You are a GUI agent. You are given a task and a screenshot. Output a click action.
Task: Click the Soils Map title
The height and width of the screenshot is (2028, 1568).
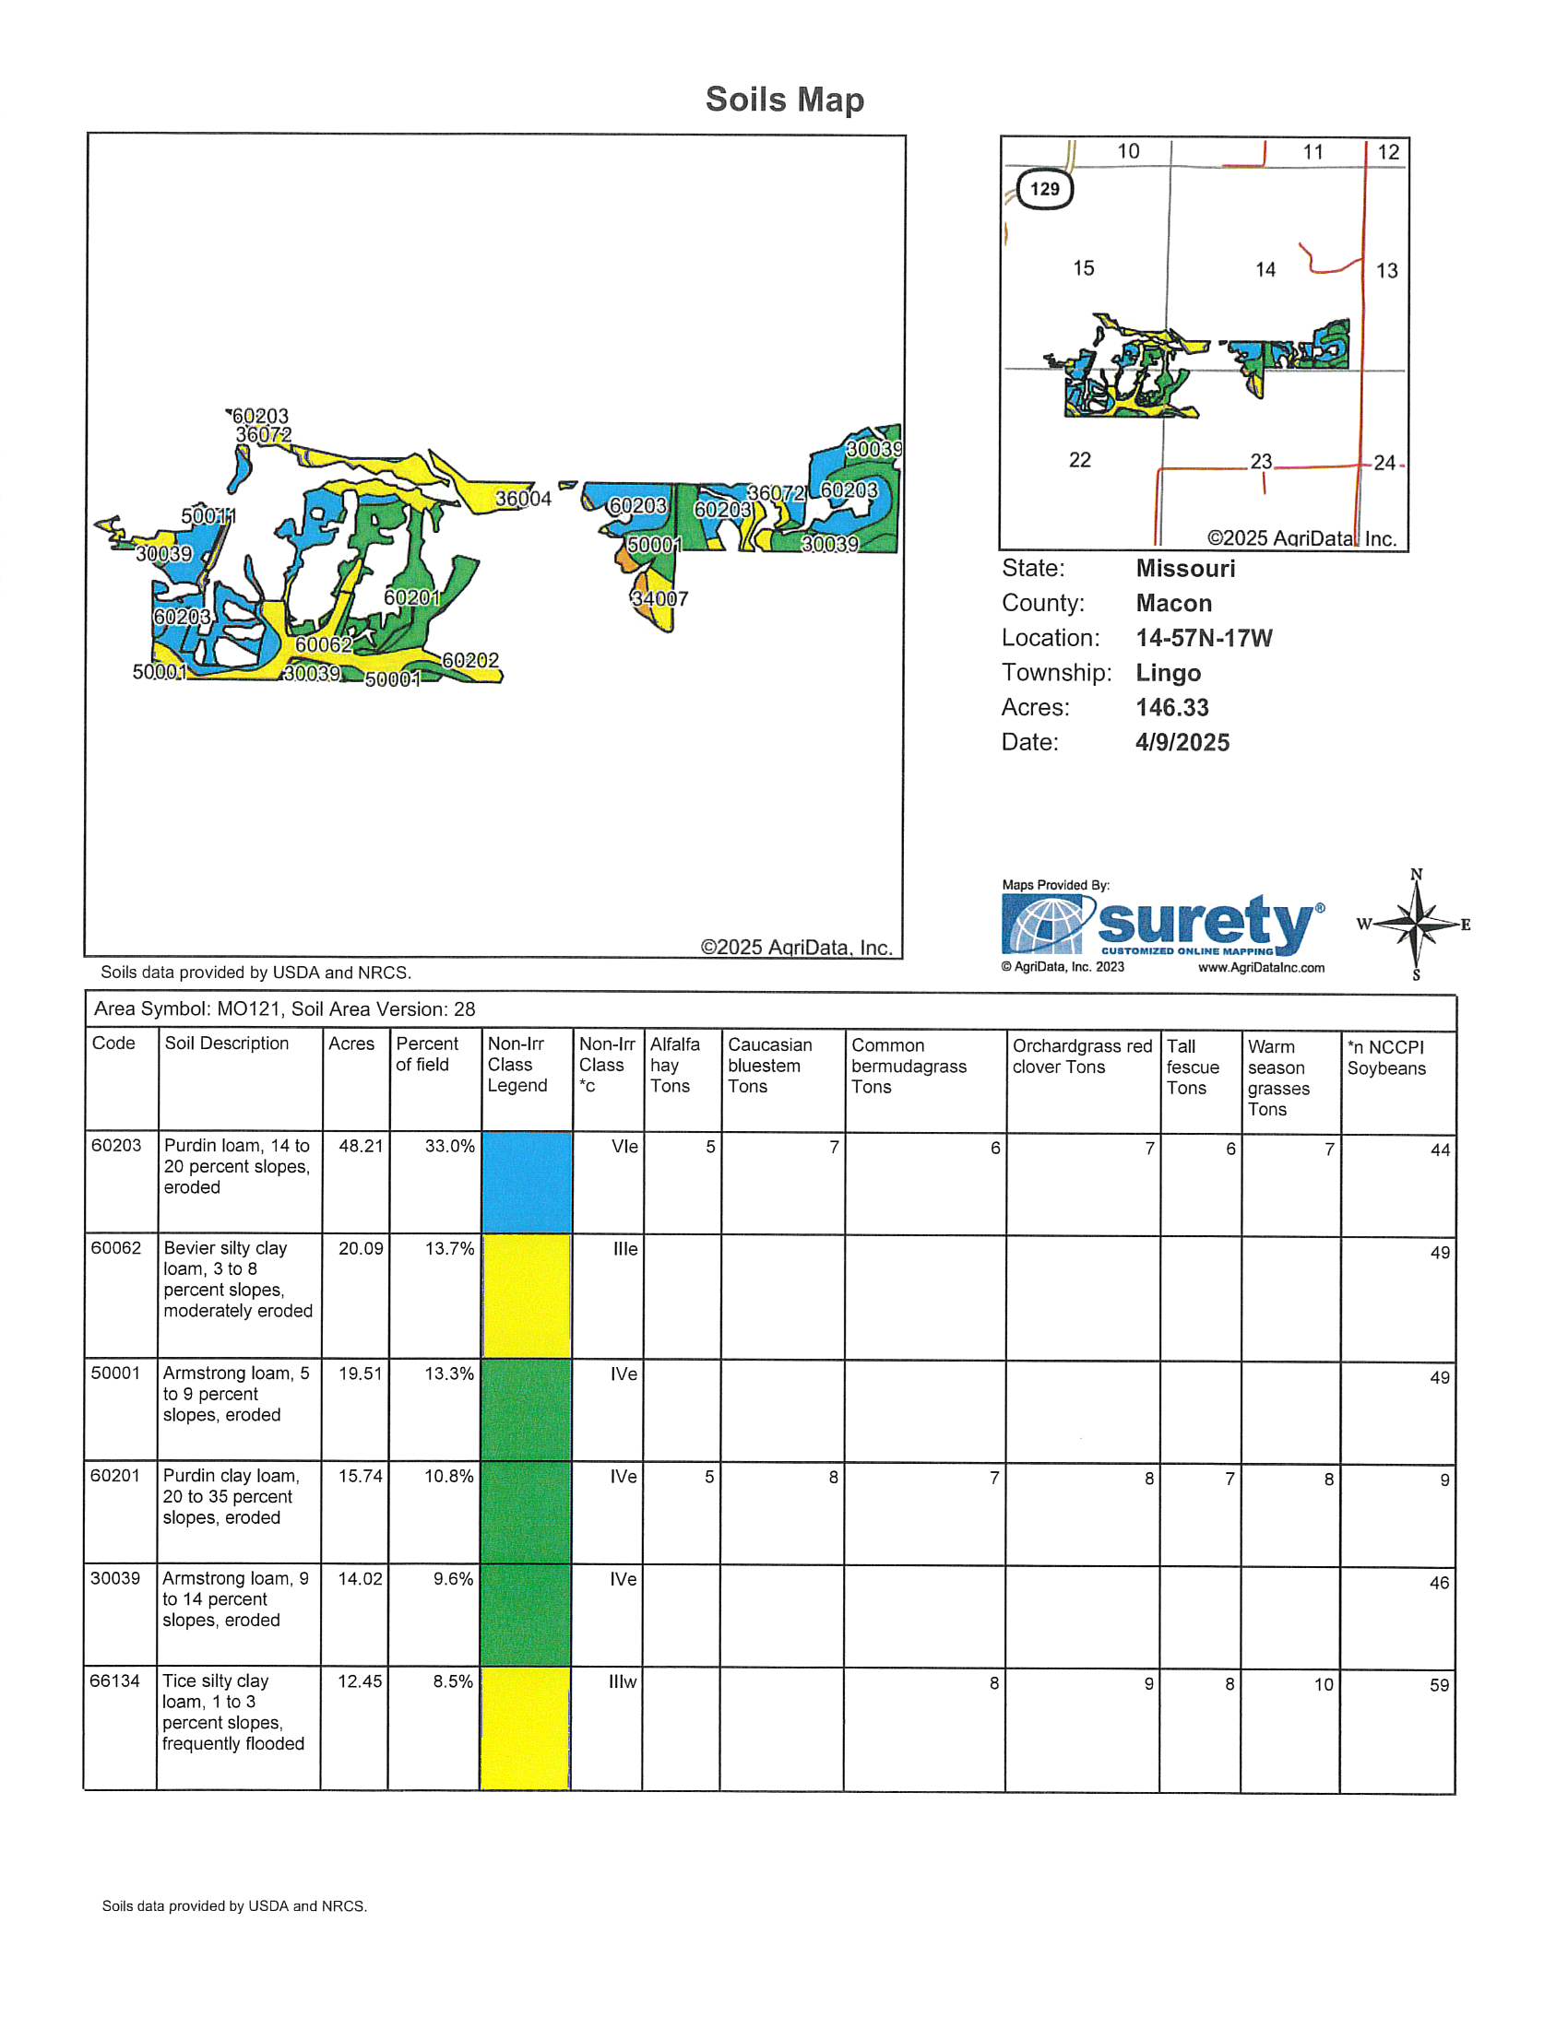coord(784,100)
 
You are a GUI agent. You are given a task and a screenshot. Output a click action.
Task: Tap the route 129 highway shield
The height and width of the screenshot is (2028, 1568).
coord(1044,189)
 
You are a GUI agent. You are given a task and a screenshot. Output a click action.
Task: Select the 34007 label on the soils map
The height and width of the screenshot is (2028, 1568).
coord(659,599)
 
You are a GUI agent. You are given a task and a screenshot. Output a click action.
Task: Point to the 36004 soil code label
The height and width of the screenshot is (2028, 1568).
coord(523,499)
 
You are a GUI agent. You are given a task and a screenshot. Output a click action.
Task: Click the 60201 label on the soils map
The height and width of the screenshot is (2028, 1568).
coord(411,598)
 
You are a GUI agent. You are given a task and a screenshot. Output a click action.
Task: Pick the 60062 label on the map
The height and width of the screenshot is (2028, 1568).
coord(323,644)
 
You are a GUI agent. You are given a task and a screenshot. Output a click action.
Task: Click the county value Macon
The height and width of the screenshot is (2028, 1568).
coord(1173,604)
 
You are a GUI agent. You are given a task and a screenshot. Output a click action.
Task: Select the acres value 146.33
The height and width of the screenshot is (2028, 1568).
coord(1172,708)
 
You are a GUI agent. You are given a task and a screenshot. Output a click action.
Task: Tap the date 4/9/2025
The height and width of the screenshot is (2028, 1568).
coord(1182,743)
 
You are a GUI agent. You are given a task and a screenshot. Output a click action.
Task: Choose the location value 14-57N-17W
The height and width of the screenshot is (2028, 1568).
coord(1204,638)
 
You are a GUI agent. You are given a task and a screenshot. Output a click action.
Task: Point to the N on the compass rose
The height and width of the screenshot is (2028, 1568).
coord(1416,875)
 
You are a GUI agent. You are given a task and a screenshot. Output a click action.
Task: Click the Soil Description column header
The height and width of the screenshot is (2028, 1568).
coord(227,1043)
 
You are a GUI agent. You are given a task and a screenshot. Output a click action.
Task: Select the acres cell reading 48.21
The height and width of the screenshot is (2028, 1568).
coord(361,1147)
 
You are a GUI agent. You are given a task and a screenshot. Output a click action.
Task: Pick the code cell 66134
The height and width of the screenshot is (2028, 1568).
coord(114,1681)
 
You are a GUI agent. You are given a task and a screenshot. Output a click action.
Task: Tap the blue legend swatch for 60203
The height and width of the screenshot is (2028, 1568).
coord(527,1182)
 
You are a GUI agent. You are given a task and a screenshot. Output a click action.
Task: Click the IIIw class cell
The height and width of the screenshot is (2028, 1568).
coord(623,1681)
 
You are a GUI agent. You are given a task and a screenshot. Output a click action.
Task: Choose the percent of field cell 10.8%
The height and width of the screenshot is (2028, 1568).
coord(448,1477)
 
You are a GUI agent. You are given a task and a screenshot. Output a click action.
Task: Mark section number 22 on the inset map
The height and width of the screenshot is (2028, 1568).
coord(1079,461)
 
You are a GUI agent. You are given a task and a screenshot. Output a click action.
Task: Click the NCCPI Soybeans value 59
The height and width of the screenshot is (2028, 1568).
coord(1439,1685)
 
